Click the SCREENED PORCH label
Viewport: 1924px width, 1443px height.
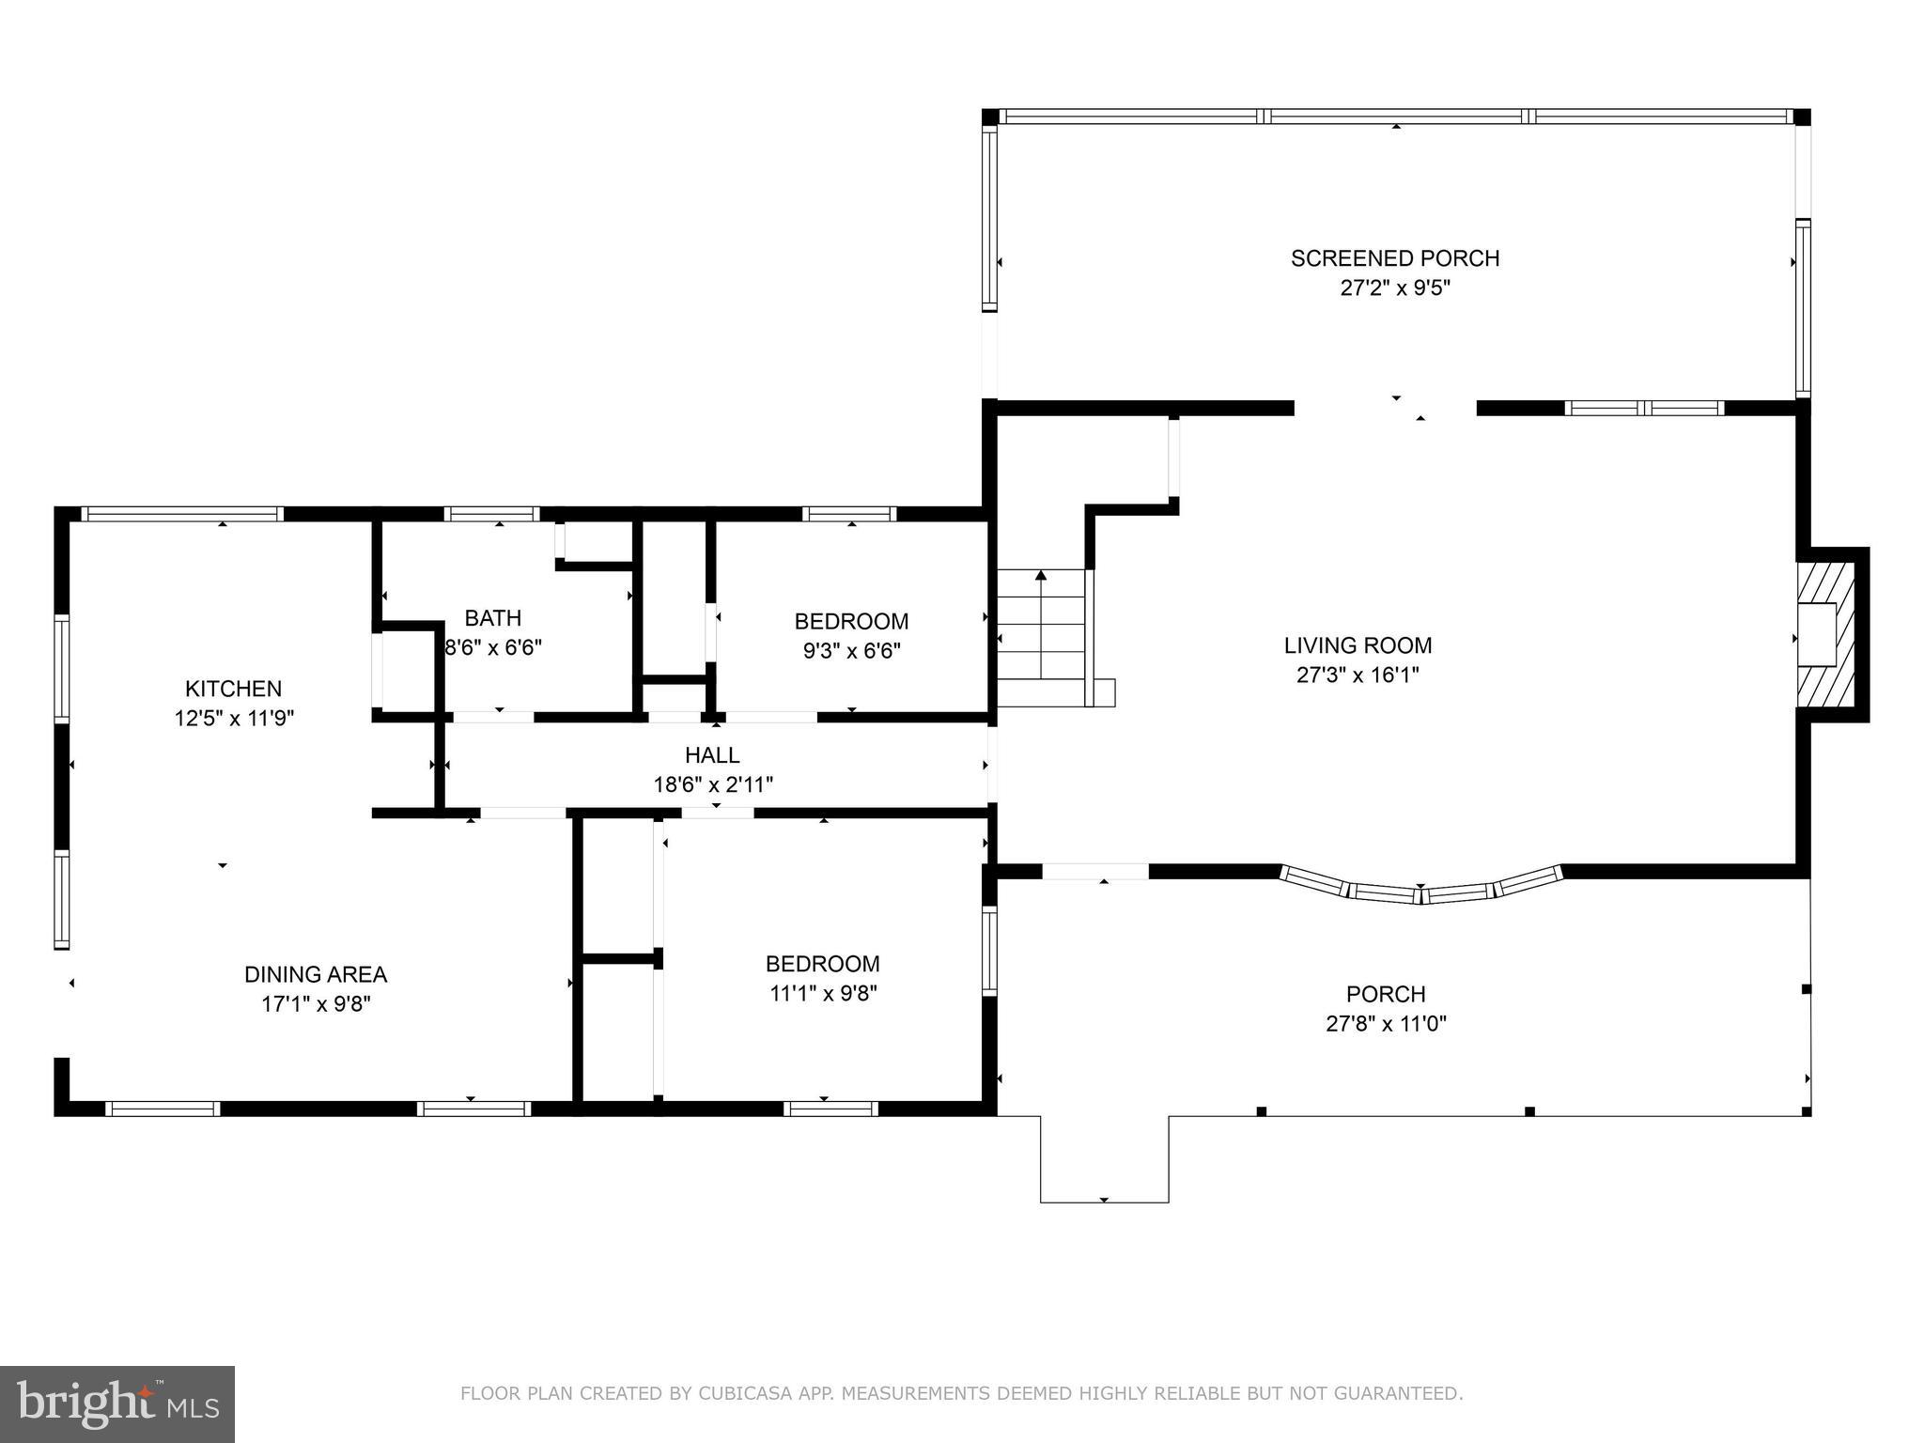pos(1394,258)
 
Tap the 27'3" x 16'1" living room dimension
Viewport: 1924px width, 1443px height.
pos(1358,675)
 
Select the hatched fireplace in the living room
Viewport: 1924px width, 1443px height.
pos(1827,635)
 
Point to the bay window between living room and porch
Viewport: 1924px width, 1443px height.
pos(1420,888)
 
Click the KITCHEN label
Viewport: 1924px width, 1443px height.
pos(233,689)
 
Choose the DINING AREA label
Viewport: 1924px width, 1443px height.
pos(316,974)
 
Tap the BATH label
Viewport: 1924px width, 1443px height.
pos(492,618)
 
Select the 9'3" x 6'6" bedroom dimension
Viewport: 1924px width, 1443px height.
pos(851,651)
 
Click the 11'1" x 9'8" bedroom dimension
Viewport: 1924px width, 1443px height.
pos(823,993)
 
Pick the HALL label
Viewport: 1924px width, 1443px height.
pos(712,755)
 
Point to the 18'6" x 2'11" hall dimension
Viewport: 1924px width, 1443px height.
pos(713,784)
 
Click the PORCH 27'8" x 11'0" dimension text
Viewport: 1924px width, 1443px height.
pos(1386,1023)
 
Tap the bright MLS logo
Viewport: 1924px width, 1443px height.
pos(117,1404)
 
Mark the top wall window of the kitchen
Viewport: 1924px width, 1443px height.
pos(182,514)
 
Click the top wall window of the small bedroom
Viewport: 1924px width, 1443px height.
pos(849,514)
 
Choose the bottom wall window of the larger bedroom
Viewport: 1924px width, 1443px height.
pos(830,1109)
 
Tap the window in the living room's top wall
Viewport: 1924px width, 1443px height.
pos(1644,408)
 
